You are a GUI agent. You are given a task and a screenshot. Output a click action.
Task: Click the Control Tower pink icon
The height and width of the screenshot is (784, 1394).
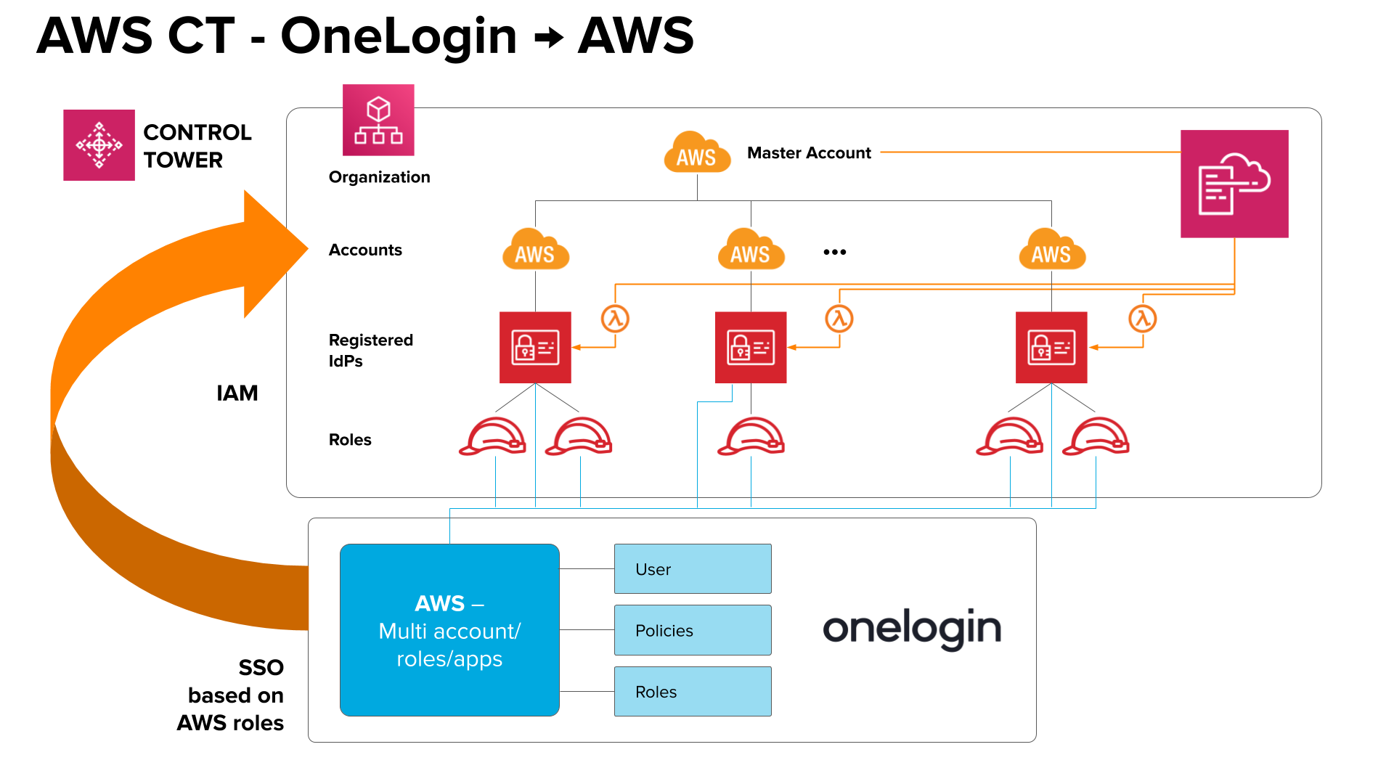[99, 145]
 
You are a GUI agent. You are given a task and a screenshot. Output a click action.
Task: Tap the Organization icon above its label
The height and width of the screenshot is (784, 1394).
[378, 120]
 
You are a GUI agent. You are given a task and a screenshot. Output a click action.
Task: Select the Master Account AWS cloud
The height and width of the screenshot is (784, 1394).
[696, 152]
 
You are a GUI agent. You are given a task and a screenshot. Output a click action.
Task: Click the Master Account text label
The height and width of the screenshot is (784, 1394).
[809, 153]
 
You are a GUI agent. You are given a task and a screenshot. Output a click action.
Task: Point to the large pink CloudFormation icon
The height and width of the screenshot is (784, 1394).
[1234, 184]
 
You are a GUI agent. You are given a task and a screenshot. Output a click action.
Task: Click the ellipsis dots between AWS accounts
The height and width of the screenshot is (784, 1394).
[834, 252]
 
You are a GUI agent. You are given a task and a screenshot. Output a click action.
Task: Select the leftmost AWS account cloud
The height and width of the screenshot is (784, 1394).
[535, 250]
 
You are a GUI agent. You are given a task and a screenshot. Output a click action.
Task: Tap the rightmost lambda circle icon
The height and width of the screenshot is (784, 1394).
[1142, 319]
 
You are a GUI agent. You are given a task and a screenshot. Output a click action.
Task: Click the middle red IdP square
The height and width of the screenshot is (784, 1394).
[751, 348]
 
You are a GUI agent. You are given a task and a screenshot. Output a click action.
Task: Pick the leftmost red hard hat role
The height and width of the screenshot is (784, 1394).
[493, 436]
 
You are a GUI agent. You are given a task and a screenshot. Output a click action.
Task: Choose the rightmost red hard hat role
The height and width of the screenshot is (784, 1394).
[1096, 436]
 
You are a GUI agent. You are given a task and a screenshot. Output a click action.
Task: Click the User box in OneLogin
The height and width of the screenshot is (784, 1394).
[693, 569]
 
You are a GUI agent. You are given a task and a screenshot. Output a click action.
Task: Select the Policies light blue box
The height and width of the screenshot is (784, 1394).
[693, 630]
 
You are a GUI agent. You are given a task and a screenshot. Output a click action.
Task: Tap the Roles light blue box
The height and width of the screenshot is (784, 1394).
[693, 692]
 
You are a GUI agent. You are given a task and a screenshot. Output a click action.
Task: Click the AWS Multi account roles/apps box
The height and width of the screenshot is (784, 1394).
[449, 630]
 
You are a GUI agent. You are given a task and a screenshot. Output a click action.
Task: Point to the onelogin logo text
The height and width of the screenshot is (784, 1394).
[911, 629]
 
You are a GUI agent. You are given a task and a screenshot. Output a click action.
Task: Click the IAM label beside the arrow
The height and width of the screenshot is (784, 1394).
[237, 393]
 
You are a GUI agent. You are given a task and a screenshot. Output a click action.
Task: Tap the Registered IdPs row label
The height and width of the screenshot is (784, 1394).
[370, 350]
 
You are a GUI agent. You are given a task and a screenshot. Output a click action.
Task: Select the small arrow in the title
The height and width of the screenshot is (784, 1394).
[549, 37]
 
